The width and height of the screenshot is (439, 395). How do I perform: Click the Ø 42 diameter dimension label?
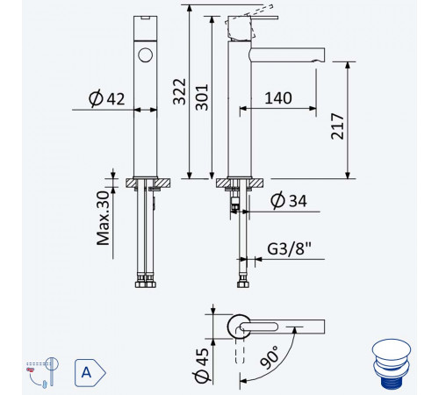[x=107, y=98]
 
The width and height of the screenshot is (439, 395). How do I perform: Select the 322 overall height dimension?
[x=179, y=91]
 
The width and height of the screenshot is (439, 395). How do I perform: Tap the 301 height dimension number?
[x=202, y=97]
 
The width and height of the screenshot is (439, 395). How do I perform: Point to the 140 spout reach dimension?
[x=278, y=98]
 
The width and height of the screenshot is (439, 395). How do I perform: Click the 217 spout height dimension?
[x=337, y=126]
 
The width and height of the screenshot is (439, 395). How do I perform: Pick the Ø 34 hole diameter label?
[x=289, y=200]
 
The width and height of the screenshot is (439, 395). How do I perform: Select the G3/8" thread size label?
[x=289, y=249]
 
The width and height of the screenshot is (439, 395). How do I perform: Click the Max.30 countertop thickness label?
[x=103, y=218]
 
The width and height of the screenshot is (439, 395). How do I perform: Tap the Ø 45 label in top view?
[x=202, y=365]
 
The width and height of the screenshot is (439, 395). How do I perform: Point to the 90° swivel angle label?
[x=270, y=357]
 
